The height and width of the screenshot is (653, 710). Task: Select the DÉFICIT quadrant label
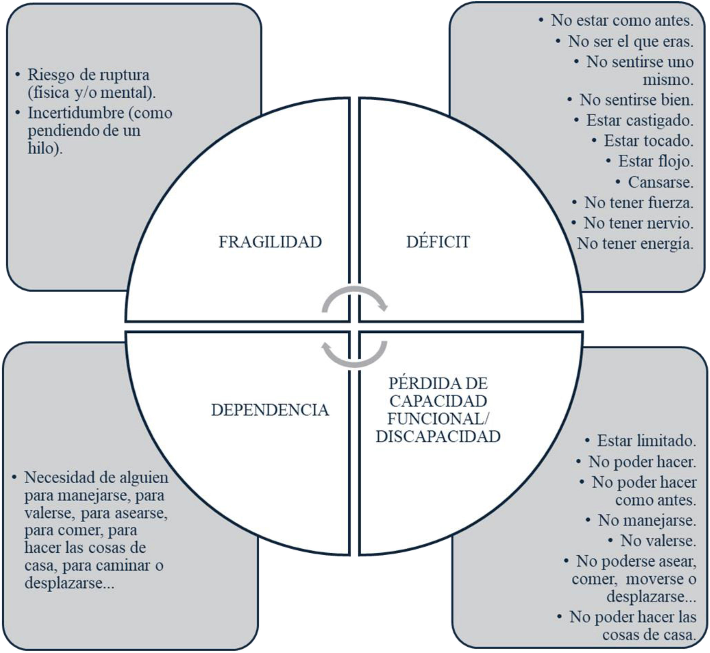(x=438, y=242)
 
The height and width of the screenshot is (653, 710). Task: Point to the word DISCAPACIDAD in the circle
(x=438, y=437)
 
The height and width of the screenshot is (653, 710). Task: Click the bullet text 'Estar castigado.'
(x=639, y=121)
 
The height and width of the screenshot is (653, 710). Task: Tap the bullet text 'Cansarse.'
(x=660, y=182)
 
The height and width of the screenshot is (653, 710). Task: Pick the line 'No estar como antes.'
(x=622, y=21)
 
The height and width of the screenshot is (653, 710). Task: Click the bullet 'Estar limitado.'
(x=646, y=441)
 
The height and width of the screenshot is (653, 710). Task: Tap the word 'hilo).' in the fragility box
(x=45, y=148)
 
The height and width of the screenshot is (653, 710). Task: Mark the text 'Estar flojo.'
(x=655, y=162)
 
